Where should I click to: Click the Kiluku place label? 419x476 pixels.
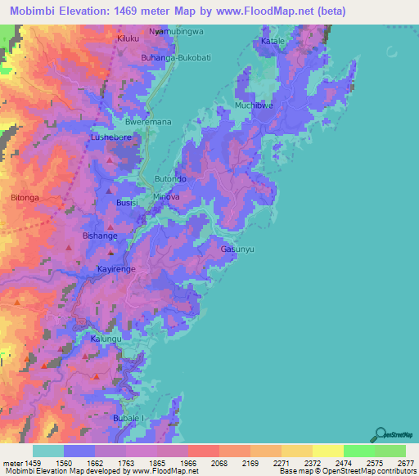click(128, 38)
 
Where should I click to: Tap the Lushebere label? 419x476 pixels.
click(111, 138)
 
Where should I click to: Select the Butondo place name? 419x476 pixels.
click(171, 178)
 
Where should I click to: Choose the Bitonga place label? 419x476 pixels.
click(20, 198)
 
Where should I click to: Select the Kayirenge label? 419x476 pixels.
click(115, 268)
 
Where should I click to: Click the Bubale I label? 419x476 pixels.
click(128, 418)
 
